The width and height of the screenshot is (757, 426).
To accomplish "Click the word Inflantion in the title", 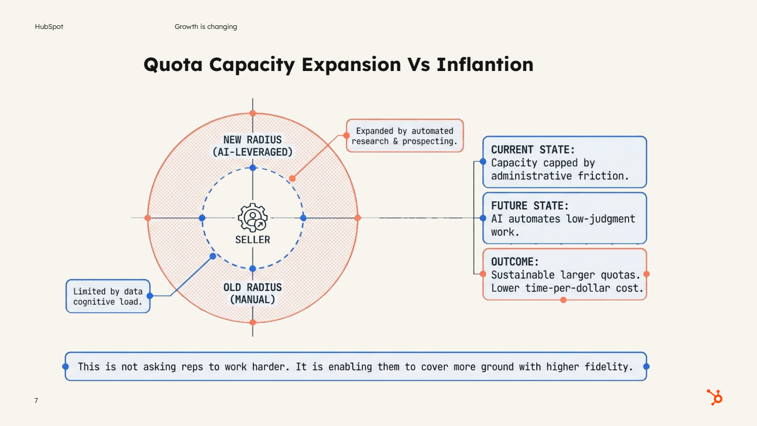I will coord(485,65).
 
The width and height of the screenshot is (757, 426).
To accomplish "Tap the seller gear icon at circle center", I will coord(253,218).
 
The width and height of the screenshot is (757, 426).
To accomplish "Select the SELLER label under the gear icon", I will coord(253,240).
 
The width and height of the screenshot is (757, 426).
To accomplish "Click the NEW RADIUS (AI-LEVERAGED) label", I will coord(253,146).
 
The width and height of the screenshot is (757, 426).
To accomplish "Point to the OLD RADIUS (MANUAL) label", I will coord(253,293).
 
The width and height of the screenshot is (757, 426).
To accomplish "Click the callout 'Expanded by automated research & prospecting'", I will coord(404,136).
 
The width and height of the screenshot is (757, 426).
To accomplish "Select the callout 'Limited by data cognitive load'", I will coord(108,297).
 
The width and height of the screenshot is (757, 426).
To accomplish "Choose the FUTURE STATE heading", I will coord(530,206).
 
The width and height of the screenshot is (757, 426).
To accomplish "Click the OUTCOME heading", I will coord(515,261).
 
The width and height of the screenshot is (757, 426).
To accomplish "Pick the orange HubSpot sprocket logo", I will coord(714,397).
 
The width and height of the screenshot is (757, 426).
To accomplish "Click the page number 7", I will coord(36,401).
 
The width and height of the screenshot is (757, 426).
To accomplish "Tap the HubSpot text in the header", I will coord(49,27).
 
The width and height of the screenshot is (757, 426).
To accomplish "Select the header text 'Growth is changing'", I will coord(206,27).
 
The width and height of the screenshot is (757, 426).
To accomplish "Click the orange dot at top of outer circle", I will coord(253,113).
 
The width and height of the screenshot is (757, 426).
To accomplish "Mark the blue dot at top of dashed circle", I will coord(253,168).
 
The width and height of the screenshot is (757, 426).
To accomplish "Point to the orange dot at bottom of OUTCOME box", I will coord(564,300).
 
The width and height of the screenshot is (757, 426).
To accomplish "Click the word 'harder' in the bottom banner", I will coord(267,367).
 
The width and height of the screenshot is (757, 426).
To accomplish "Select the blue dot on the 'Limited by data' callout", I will coord(150,296).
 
